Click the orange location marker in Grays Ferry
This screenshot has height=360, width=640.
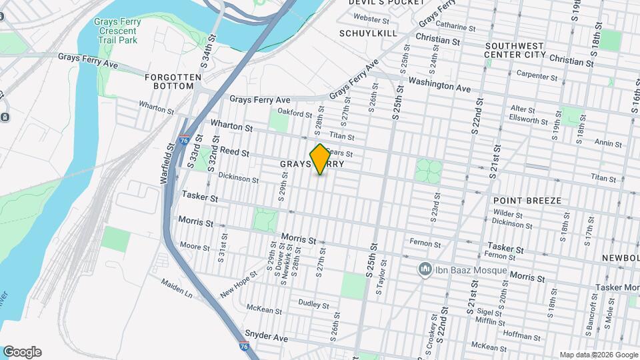point(320,159)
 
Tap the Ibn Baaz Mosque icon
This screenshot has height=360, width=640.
point(423,270)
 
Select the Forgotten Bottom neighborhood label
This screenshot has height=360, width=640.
point(173,82)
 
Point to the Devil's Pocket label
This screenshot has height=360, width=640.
point(386,3)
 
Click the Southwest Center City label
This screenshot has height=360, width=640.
point(515,49)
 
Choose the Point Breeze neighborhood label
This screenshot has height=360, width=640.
point(527,201)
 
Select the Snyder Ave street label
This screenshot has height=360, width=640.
point(265,337)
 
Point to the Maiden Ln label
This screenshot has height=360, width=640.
point(176,287)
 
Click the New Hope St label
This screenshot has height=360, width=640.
point(239,285)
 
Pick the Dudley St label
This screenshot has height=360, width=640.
point(310,303)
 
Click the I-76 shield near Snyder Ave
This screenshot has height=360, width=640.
point(245,346)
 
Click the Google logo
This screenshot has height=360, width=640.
point(22,352)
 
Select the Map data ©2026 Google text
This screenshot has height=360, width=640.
point(598,355)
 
